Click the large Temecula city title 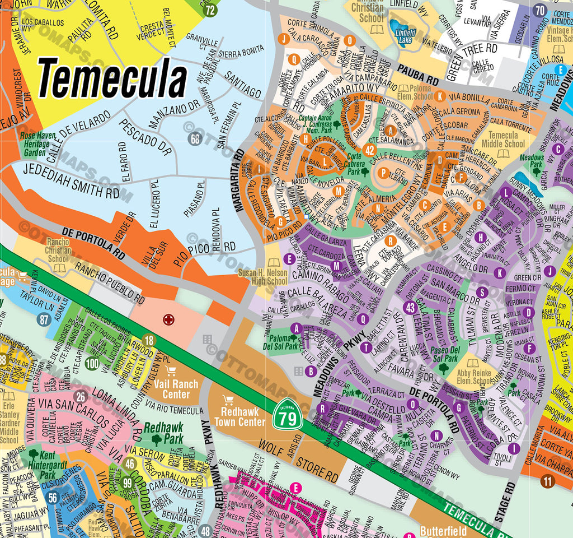click(112, 79)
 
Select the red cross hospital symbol click(167, 320)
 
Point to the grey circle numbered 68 click(195, 138)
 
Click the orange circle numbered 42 click(369, 150)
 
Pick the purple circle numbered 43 click(410, 308)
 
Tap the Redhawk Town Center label click(239, 416)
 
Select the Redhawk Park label click(163, 432)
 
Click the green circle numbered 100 click(92, 364)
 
